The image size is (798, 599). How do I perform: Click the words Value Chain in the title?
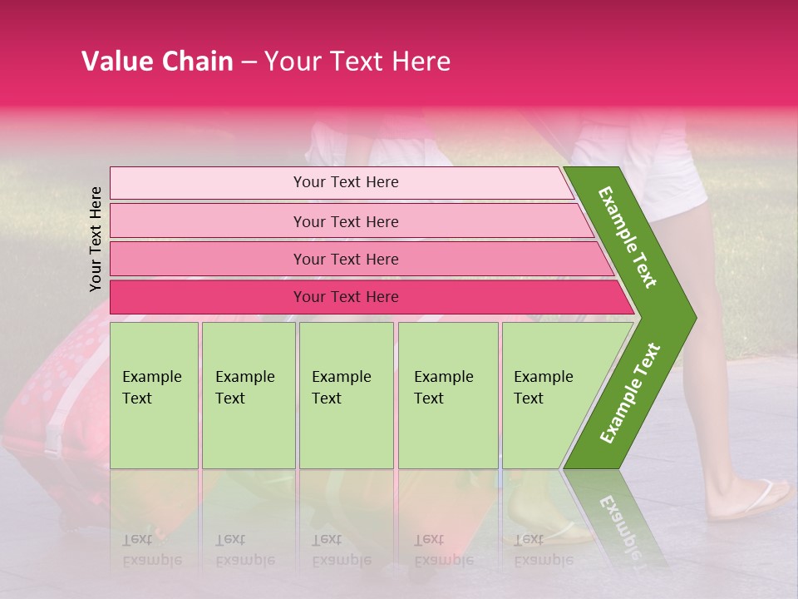pyautogui.click(x=157, y=62)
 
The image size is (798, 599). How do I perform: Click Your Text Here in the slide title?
pyautogui.click(x=357, y=62)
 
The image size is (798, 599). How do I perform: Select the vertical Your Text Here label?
pyautogui.click(x=96, y=239)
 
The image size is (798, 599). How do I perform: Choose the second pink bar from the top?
pyautogui.click(x=345, y=221)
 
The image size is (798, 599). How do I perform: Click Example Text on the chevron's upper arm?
pyautogui.click(x=628, y=237)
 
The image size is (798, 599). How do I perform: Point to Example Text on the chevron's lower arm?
pyautogui.click(x=629, y=394)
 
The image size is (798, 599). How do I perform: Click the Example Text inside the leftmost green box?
pyautogui.click(x=151, y=387)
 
